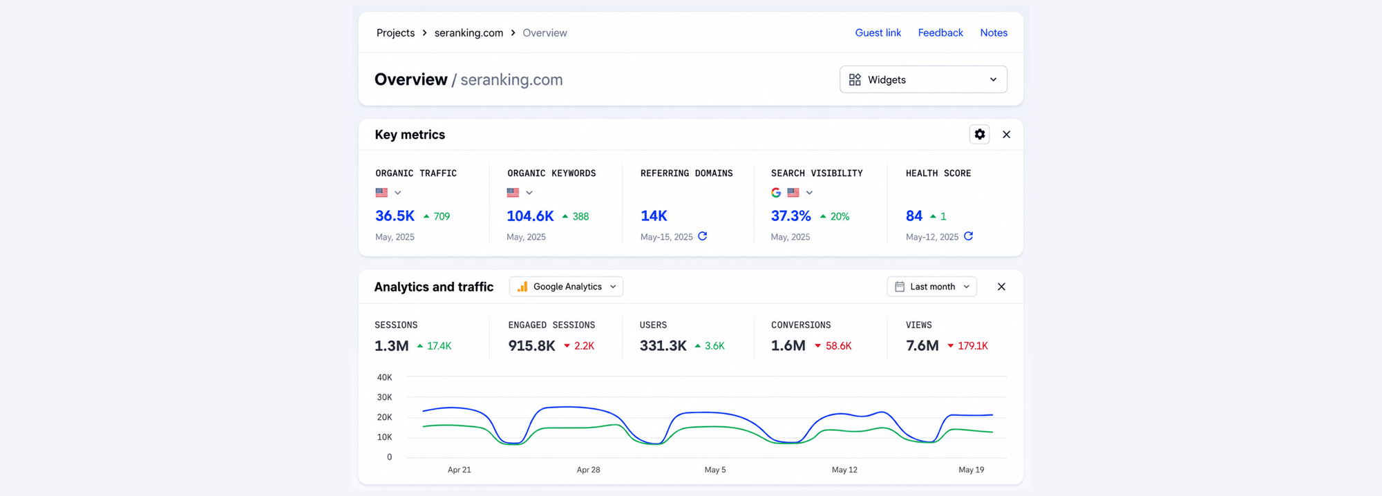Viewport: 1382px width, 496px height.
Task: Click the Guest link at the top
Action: (x=878, y=32)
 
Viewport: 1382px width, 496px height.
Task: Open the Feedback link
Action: (x=940, y=32)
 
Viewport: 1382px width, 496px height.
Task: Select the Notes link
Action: (x=994, y=32)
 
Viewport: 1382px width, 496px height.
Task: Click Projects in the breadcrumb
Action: (x=395, y=33)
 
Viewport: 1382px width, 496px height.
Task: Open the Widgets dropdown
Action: (x=923, y=79)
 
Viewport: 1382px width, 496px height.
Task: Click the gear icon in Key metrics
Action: (x=979, y=134)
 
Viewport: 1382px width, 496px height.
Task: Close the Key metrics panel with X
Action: (x=1006, y=135)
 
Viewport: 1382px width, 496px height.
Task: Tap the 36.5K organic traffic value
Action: (x=395, y=216)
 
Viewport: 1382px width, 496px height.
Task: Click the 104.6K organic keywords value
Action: (x=530, y=216)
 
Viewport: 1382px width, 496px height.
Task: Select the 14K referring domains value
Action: (x=654, y=216)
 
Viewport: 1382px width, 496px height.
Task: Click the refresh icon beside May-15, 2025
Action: (x=702, y=236)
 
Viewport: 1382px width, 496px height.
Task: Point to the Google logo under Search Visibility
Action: (x=776, y=193)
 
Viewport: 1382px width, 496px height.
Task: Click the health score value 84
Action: (x=914, y=216)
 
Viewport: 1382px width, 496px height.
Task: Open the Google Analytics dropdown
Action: (x=566, y=287)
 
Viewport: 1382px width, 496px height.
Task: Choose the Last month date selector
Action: (x=931, y=287)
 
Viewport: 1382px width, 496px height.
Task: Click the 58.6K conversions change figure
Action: (x=838, y=346)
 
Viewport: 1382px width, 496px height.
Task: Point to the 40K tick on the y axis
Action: (x=384, y=377)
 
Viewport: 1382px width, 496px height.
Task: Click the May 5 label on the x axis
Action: (x=715, y=470)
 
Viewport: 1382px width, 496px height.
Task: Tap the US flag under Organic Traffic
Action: (x=381, y=193)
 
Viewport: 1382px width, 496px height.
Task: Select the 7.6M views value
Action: (x=922, y=346)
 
